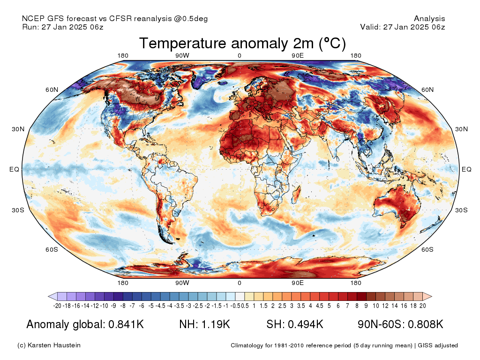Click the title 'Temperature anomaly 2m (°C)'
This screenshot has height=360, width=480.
(x=242, y=43)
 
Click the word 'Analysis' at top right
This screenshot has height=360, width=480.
(x=429, y=19)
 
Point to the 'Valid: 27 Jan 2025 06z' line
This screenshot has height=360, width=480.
(x=403, y=27)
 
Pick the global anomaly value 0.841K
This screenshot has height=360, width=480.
(x=126, y=324)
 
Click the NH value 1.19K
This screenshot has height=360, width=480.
(x=216, y=324)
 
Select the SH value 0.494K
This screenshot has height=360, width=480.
(x=306, y=324)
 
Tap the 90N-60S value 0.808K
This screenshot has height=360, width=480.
(x=426, y=324)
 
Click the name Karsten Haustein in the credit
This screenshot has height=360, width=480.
(x=54, y=345)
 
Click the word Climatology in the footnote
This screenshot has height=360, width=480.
(x=247, y=345)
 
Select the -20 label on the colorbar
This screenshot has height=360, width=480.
(x=57, y=306)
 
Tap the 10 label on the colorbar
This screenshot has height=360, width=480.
(x=376, y=306)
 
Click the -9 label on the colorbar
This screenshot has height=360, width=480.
(x=113, y=306)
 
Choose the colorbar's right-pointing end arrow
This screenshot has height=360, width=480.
(x=427, y=296)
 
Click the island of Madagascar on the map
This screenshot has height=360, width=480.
(x=296, y=195)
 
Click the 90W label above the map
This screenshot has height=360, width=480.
(x=182, y=56)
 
